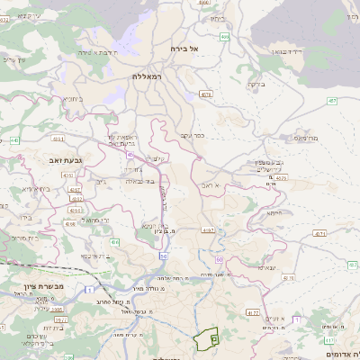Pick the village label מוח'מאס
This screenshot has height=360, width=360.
[x=306, y=138]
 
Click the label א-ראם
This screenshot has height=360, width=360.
[x=211, y=184]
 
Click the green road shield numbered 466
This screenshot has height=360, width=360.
[x=224, y=37]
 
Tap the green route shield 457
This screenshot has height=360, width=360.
[x=332, y=101]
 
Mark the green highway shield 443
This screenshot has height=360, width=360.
[x=15, y=140]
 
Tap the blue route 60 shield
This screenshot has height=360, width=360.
[x=219, y=260]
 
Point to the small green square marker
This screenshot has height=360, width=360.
[x=214, y=338]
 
